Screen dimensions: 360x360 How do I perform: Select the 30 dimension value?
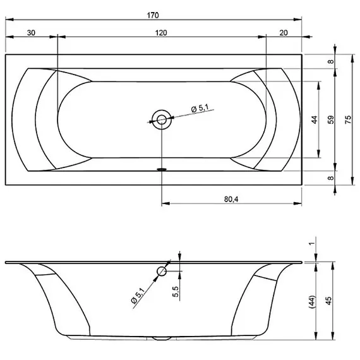(32, 33)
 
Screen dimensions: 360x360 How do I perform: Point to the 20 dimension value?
(283, 33)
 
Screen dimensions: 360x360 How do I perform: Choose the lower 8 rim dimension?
(330, 179)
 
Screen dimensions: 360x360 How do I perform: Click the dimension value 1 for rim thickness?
(312, 244)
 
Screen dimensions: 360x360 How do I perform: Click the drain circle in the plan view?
(162, 119)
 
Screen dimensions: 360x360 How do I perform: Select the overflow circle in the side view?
(162, 272)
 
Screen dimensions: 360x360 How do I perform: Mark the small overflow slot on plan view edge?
(162, 169)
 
